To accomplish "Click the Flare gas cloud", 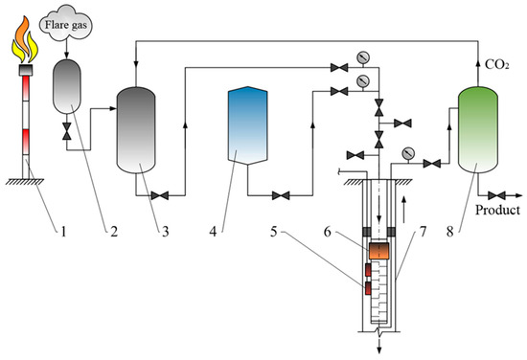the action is coord(66,24).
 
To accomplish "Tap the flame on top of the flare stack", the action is coord(25,39).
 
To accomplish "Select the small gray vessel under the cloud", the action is coord(67,86).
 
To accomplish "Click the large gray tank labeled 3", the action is coord(136,130).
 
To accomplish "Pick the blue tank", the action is coord(248,125).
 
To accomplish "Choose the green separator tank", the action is coord(478,129).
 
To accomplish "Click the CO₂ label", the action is coord(496,64).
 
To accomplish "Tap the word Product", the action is coord(497,211).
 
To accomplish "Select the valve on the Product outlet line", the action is coord(496,195).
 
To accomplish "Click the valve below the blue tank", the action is coord(281,195).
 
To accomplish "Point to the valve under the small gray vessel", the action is coord(67,131).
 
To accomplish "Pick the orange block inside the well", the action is coord(379,251).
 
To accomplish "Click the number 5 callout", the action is coord(274,232).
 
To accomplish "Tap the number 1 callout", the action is coord(63,232).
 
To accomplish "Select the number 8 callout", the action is coord(449,232).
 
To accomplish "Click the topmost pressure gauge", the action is coord(362,57).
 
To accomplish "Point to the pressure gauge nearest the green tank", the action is coord(408,154).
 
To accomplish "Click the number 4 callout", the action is coord(213,232).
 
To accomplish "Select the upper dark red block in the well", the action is coord(368,270).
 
